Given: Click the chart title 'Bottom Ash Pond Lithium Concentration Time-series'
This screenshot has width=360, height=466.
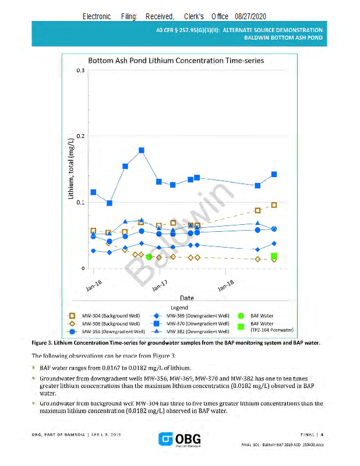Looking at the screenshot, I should point(176,61).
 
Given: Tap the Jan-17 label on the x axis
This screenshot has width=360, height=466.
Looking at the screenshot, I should point(159,285).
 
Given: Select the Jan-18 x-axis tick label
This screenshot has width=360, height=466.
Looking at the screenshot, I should point(225,285).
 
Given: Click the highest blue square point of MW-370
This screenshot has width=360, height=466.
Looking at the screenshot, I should point(142,150).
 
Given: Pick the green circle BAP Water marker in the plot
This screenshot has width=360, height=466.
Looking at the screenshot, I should point(149,256).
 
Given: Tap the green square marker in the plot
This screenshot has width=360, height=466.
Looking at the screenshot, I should point(274,256).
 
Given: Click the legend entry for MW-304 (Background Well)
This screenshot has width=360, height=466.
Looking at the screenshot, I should point(111,316).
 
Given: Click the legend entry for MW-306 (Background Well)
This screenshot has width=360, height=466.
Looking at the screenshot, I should point(111,323).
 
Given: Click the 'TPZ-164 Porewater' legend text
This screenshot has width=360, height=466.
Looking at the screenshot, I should point(271,330).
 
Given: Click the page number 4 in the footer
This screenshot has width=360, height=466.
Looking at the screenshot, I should point(322,433).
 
